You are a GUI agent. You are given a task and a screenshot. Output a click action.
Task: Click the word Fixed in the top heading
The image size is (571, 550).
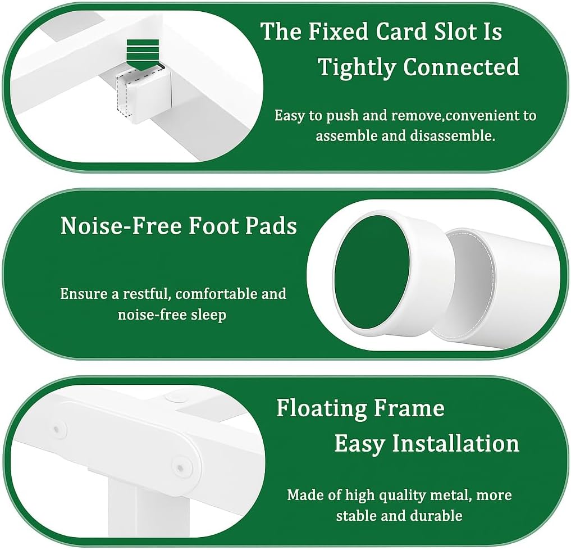(339, 31)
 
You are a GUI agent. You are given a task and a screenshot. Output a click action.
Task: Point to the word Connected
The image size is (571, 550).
(461, 67)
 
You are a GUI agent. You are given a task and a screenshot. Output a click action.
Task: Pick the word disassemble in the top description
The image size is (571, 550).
(453, 135)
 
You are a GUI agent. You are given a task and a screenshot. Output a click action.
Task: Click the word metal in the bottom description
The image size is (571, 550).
(451, 495)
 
